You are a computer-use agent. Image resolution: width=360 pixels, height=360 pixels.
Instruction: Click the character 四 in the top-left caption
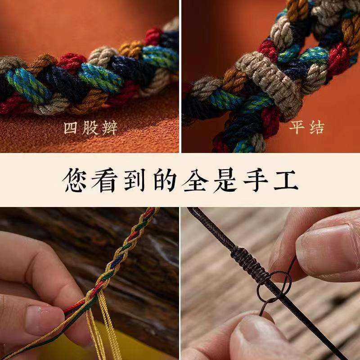coord(71,128)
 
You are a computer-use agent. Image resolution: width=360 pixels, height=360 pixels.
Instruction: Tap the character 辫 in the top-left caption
coord(109,128)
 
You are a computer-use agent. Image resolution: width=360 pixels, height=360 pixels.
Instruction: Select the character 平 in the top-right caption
coord(297,127)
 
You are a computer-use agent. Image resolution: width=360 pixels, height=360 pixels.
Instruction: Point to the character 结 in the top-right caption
coord(317,127)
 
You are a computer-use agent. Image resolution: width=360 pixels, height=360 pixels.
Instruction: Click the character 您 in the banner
coord(74,180)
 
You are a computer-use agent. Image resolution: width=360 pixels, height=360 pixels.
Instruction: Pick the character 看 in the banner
coord(105,180)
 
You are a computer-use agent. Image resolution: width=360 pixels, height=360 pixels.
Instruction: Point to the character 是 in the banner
coord(225,180)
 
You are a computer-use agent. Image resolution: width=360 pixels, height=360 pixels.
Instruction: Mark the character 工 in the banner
coord(286,180)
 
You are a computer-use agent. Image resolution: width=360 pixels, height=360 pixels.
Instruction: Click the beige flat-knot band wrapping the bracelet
coord(269,85)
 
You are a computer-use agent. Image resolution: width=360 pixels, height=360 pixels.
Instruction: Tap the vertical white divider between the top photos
coord(180,76)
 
